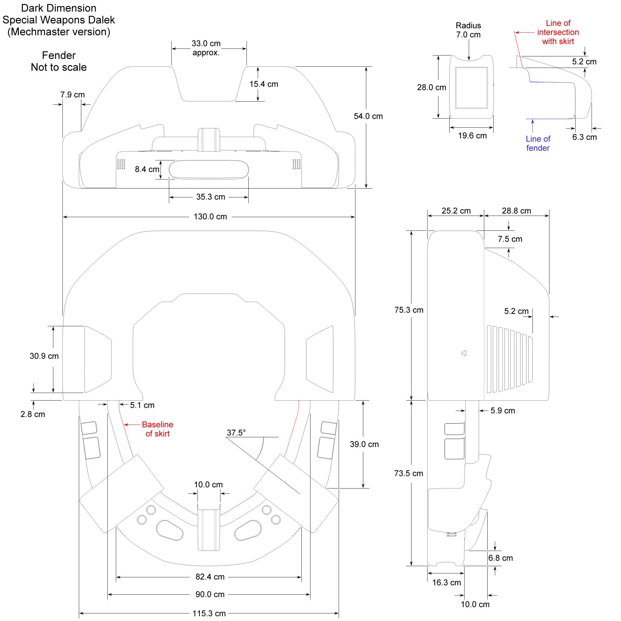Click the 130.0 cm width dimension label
tap(210, 217)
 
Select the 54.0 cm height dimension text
tap(368, 116)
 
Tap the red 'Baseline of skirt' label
tap(157, 429)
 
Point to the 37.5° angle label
tap(236, 433)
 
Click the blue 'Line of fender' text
tap(538, 143)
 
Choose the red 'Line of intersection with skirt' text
tap(558, 32)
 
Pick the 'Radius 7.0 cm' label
tap(468, 30)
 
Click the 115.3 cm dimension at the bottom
tap(209, 613)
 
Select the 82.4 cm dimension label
tap(210, 577)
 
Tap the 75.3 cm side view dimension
tap(408, 310)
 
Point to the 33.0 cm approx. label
tap(206, 48)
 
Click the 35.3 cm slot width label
tap(210, 197)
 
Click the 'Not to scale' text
tap(59, 67)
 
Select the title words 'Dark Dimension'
tap(59, 8)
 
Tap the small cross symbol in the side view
tap(464, 353)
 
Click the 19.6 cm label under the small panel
tap(472, 136)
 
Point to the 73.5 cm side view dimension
tap(408, 473)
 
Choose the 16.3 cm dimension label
tap(446, 582)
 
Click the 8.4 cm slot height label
tap(147, 169)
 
